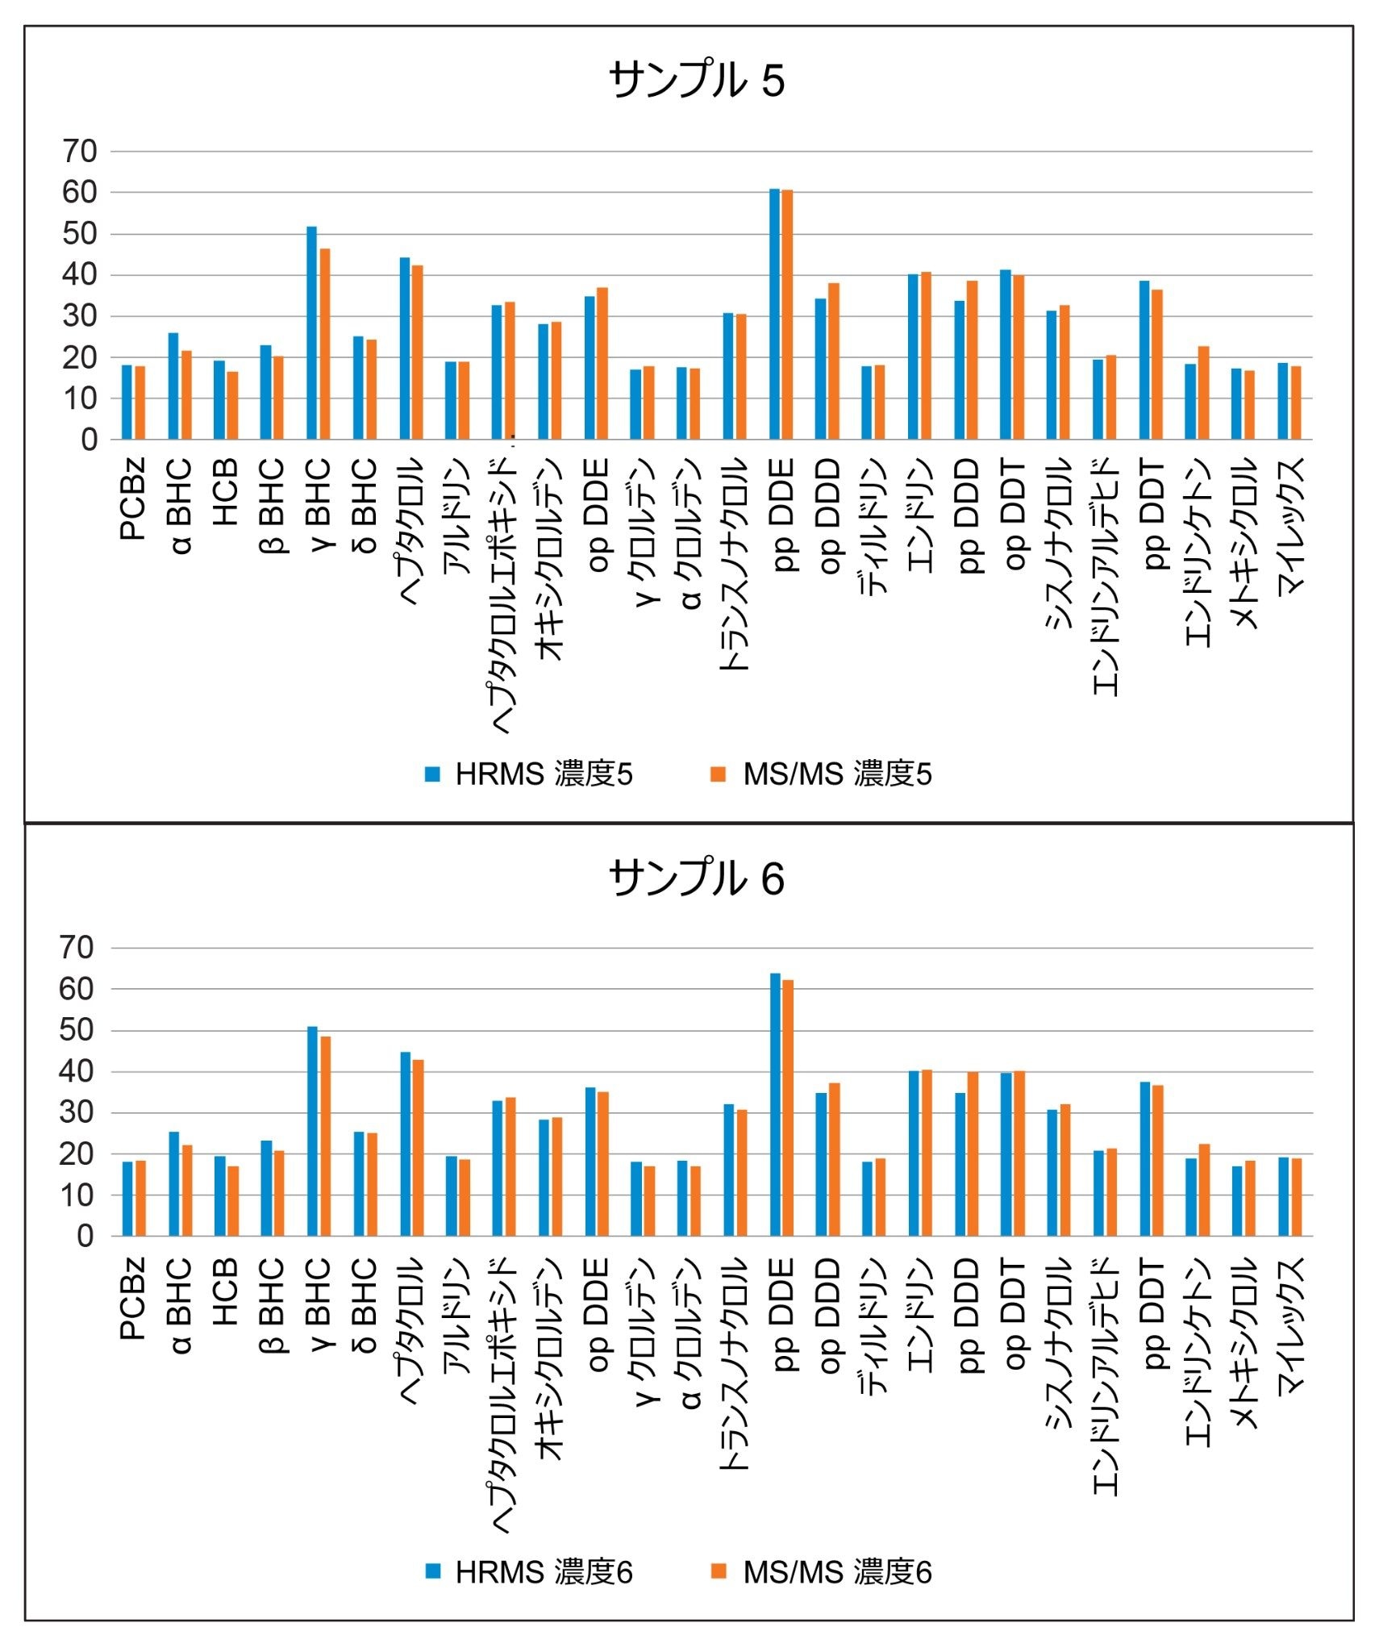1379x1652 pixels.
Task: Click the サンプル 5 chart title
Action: pyautogui.click(x=696, y=81)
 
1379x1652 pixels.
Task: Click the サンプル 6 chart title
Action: pyautogui.click(x=696, y=878)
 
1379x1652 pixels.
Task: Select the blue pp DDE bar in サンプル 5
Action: pyautogui.click(x=774, y=315)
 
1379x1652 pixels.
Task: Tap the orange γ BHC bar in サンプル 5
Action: pyautogui.click(x=325, y=344)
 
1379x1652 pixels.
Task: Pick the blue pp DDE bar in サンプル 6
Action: pyautogui.click(x=775, y=1105)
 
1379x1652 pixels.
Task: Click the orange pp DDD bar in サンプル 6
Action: pyautogui.click(x=973, y=1154)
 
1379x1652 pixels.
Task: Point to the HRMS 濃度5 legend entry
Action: pyautogui.click(x=529, y=774)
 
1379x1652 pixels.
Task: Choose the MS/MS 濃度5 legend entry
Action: pyautogui.click(x=821, y=774)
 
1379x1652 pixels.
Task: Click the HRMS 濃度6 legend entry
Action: pyautogui.click(x=529, y=1572)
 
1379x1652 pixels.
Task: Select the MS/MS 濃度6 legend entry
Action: pyautogui.click(x=821, y=1572)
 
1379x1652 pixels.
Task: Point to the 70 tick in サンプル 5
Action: pyautogui.click(x=80, y=151)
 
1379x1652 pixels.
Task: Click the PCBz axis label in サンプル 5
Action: pyautogui.click(x=133, y=499)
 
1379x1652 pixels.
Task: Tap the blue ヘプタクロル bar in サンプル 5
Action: pyautogui.click(x=405, y=348)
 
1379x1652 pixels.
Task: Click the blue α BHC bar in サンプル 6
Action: pyautogui.click(x=174, y=1184)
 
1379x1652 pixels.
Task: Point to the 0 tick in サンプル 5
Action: pyautogui.click(x=89, y=440)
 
